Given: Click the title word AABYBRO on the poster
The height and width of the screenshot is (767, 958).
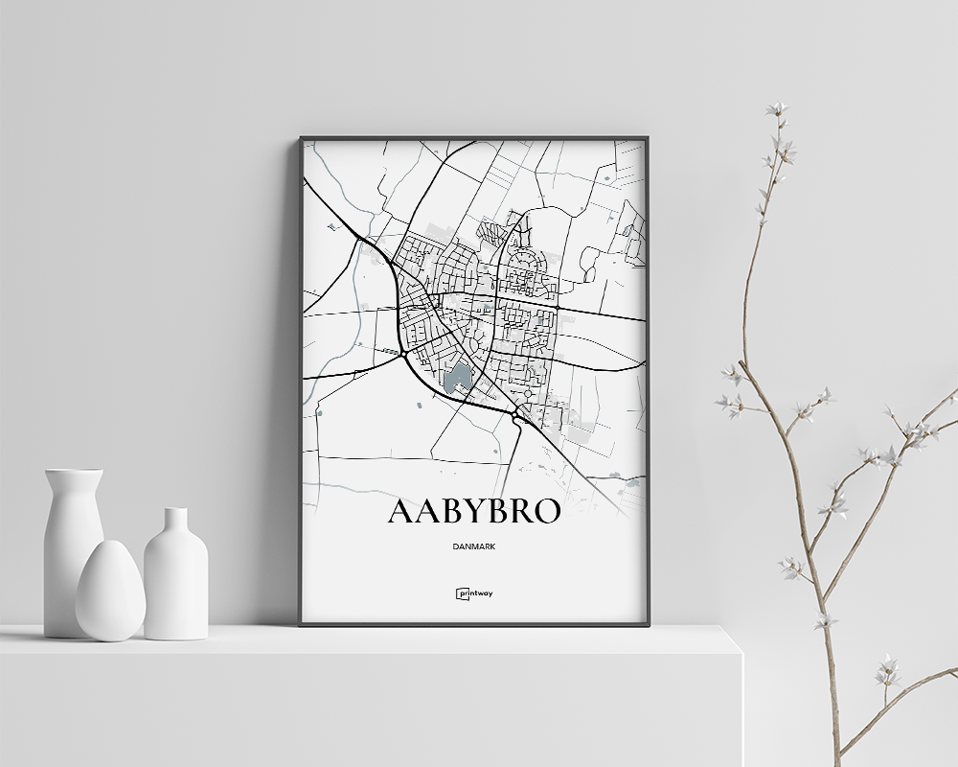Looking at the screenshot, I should [473, 512].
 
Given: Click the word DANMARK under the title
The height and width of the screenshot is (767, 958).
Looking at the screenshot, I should [474, 546].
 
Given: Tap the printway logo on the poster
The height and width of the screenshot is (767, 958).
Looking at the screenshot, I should [474, 593].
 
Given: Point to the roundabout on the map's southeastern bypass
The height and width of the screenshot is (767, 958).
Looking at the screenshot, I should [518, 412].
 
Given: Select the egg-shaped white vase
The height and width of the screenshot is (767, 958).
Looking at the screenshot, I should [109, 593].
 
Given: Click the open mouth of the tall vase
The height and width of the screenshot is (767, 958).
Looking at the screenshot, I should [74, 472].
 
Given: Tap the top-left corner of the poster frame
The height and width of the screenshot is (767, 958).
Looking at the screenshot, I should [301, 139].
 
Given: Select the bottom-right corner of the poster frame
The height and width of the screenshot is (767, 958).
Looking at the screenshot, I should [648, 624].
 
